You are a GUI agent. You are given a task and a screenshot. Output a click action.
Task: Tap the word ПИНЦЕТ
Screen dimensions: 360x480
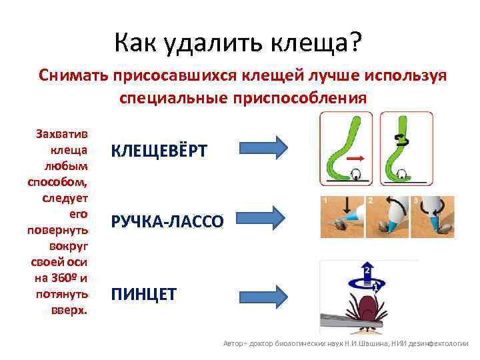click(143, 294)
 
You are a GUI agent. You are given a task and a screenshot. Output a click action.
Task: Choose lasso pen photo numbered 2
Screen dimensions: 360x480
click(386, 217)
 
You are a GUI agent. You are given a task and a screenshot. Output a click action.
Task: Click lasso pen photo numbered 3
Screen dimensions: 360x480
click(432, 217)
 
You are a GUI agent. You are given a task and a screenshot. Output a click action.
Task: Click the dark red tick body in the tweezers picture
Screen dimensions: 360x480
click(363, 309)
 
